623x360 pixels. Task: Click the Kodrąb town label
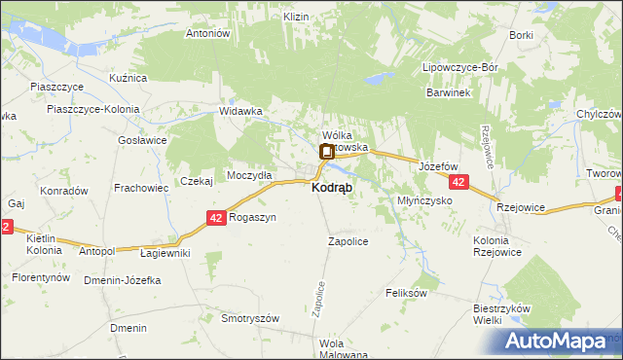pos(332,187)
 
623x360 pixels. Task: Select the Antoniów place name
pos(206,33)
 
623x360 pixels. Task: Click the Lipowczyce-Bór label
pos(459,68)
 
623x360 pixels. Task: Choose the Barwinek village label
pos(448,92)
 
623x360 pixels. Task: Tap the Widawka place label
pos(241,111)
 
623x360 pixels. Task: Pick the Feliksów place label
pos(407,292)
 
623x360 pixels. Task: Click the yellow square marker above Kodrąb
pos(326,151)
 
